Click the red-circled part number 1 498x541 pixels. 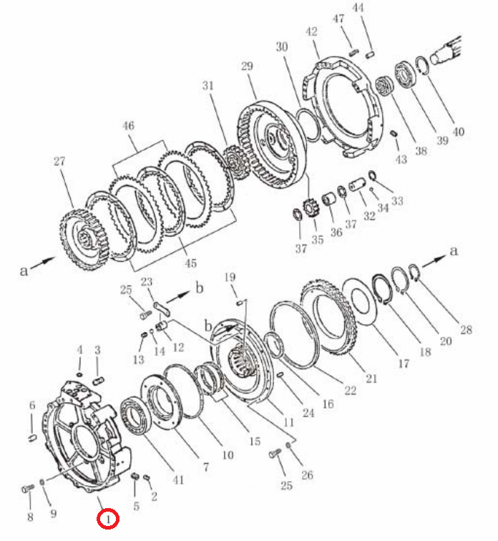click(x=108, y=518)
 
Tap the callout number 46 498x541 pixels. click(x=128, y=126)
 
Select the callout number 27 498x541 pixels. click(x=59, y=161)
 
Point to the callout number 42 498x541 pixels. click(x=311, y=31)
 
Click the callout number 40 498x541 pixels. click(x=458, y=132)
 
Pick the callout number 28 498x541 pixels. click(x=466, y=329)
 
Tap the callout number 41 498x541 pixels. click(x=178, y=480)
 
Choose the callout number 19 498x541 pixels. click(x=230, y=277)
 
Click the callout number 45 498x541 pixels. click(x=190, y=263)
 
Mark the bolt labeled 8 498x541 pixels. click(x=28, y=488)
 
